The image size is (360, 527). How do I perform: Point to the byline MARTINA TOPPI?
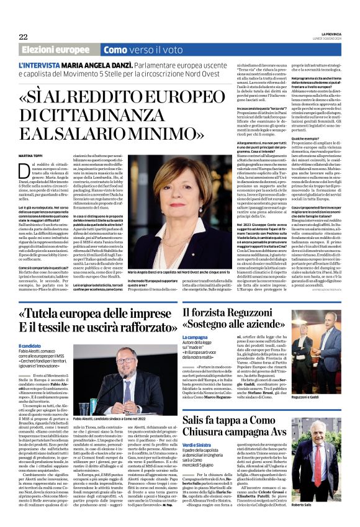33,156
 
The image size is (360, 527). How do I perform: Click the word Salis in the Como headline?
197,420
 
